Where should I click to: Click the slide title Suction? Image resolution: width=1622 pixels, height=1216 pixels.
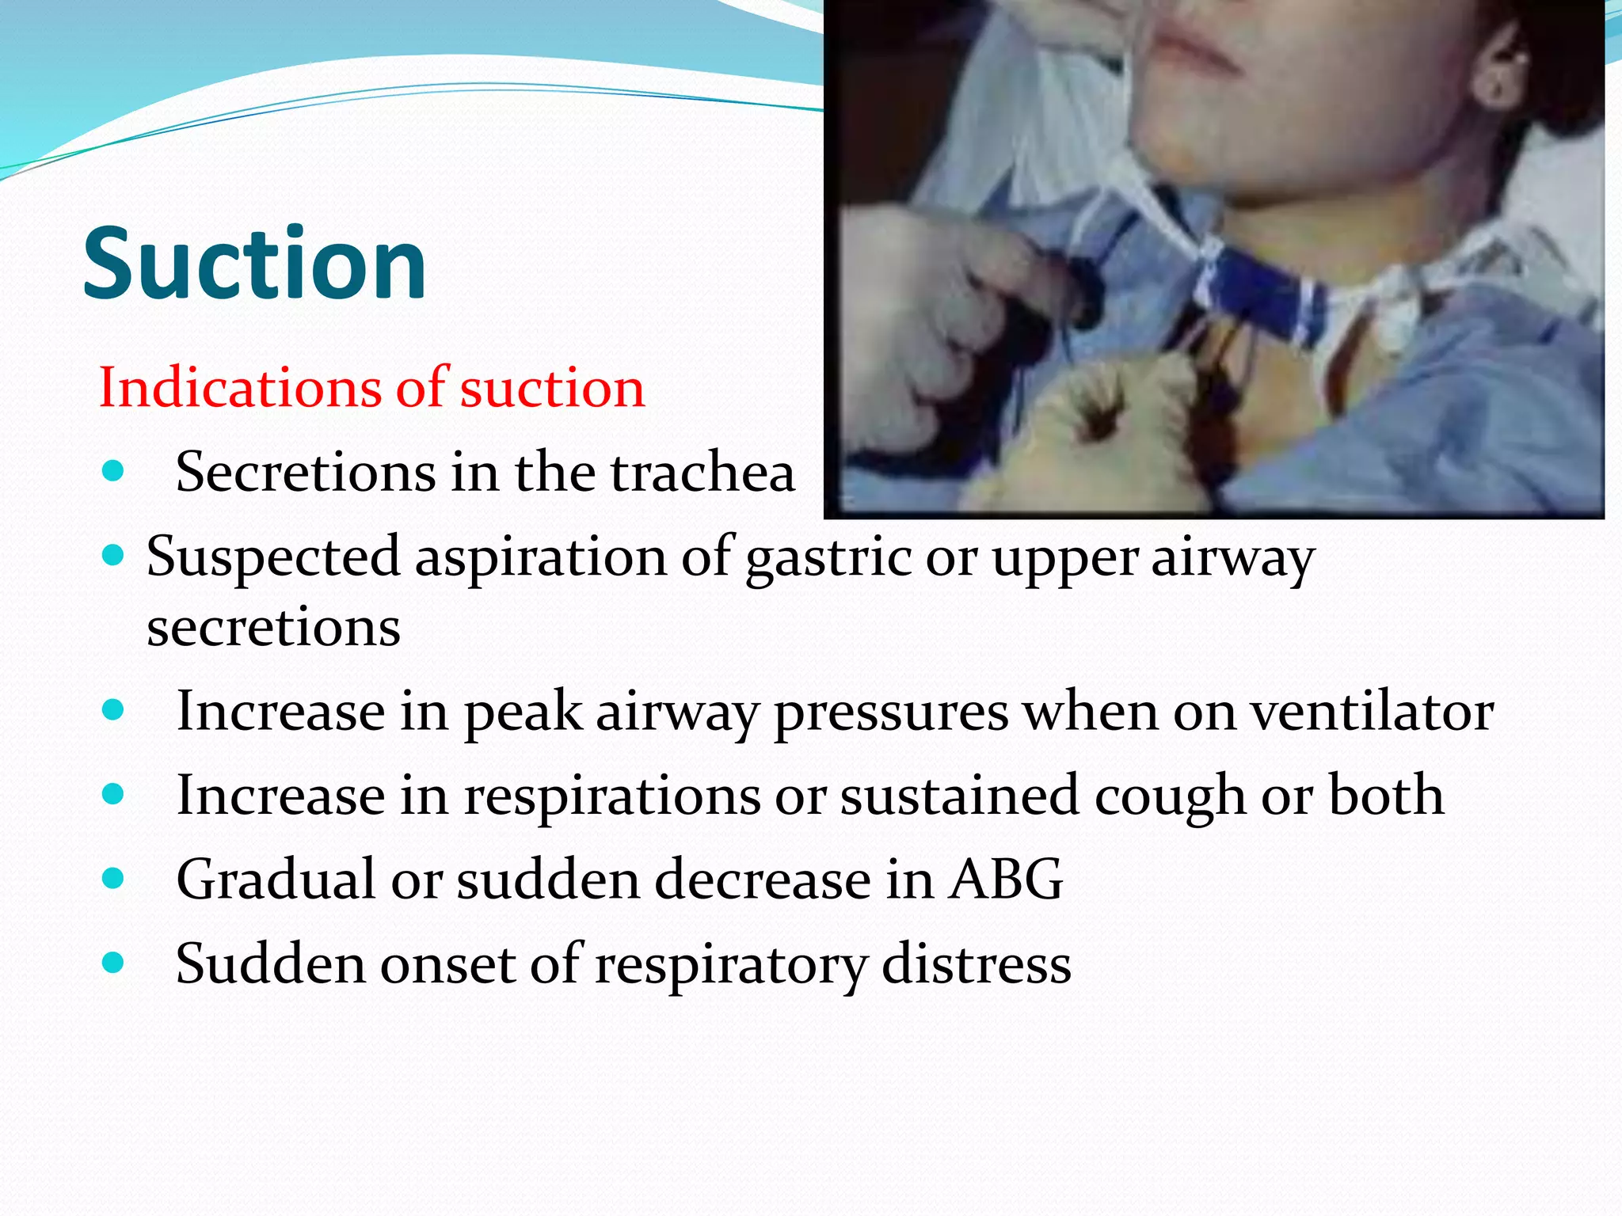pyautogui.click(x=254, y=264)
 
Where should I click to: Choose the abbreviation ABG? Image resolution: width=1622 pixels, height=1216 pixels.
pyautogui.click(x=1006, y=880)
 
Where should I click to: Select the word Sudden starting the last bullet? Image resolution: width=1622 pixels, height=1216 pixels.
pyautogui.click(x=270, y=963)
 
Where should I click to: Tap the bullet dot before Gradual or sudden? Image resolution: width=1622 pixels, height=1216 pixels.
pyautogui.click(x=113, y=878)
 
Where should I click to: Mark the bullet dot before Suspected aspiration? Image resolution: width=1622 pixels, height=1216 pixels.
pyautogui.click(x=113, y=556)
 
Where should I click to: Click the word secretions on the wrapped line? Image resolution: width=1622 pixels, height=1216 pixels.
pyautogui.click(x=273, y=628)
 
